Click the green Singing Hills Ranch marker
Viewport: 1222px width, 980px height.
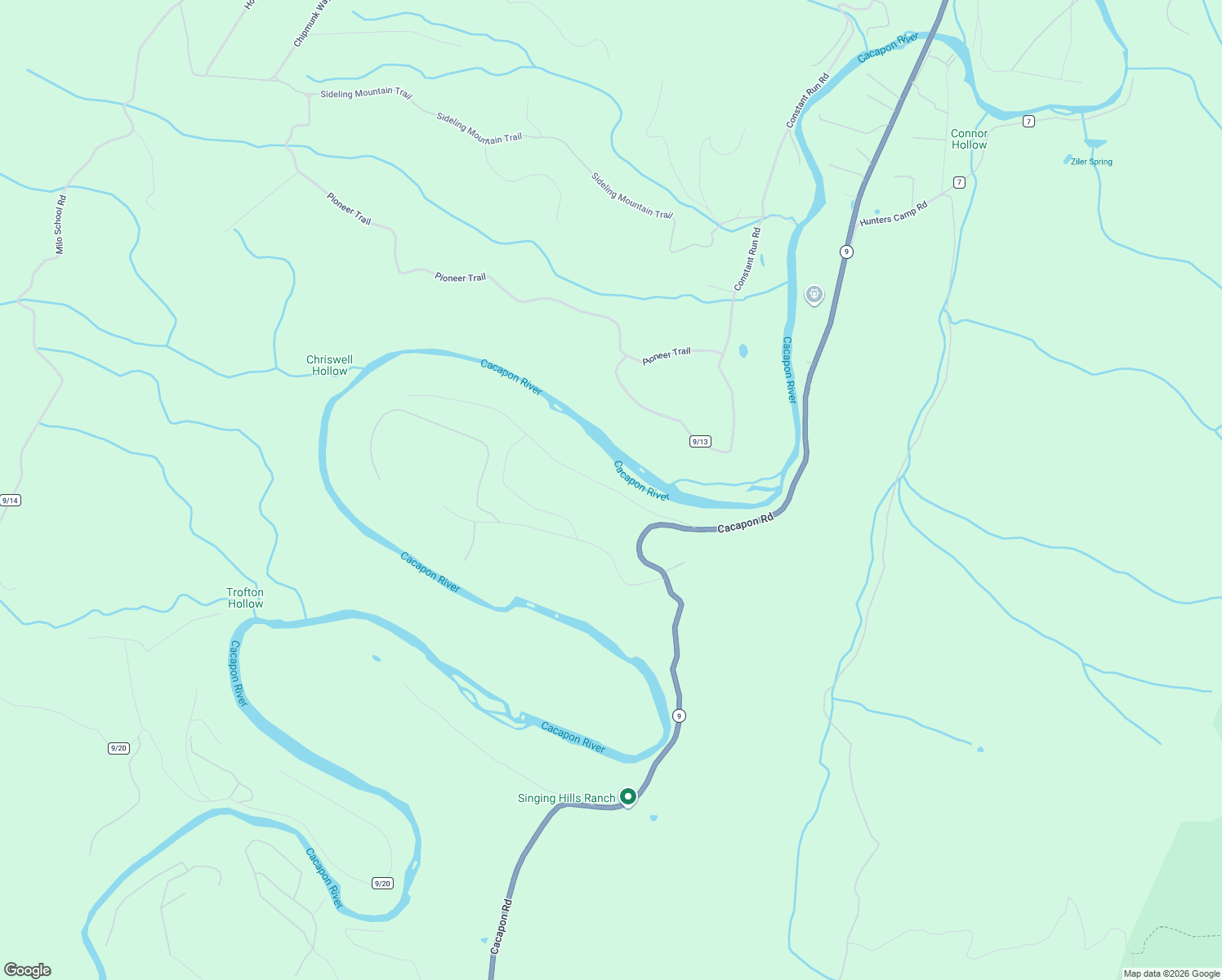click(627, 796)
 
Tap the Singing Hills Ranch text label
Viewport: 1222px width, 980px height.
click(566, 799)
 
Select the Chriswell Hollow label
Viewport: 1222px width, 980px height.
click(330, 365)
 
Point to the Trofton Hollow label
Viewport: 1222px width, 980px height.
click(245, 598)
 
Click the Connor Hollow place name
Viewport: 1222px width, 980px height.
click(969, 139)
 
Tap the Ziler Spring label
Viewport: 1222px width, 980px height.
click(1091, 162)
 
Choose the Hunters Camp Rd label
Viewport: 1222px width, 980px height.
click(894, 214)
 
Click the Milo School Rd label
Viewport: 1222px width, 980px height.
click(60, 224)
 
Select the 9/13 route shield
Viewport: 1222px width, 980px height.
click(700, 442)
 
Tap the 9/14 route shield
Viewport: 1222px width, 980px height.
click(10, 501)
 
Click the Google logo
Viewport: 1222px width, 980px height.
click(28, 970)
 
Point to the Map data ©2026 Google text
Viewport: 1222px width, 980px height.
click(1171, 973)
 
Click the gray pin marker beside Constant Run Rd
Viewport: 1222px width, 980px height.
click(814, 294)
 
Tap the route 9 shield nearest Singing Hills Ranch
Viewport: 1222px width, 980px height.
click(679, 716)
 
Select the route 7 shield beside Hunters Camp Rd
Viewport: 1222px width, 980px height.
click(959, 182)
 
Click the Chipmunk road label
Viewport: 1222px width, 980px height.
click(310, 23)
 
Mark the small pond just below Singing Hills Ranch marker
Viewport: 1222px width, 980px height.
click(653, 817)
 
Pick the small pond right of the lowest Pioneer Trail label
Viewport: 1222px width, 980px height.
click(743, 351)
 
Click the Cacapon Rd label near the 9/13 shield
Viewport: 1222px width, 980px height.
click(745, 524)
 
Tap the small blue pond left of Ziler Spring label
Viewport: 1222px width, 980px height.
click(1067, 159)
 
